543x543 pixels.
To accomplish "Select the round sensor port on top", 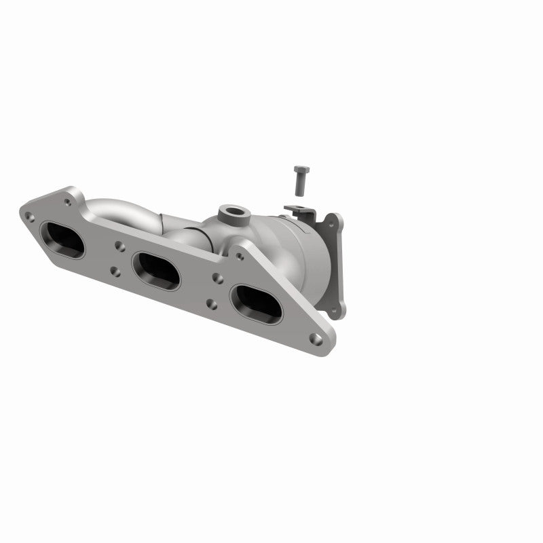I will click(x=232, y=213).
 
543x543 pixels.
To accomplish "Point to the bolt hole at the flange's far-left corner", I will click(x=29, y=217).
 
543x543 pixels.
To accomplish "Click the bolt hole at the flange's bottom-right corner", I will click(x=314, y=337).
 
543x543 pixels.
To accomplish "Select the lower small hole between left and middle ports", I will click(x=115, y=271).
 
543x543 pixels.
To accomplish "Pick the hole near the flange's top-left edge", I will click(x=67, y=201).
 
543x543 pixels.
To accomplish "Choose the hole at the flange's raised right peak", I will click(x=239, y=255).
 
